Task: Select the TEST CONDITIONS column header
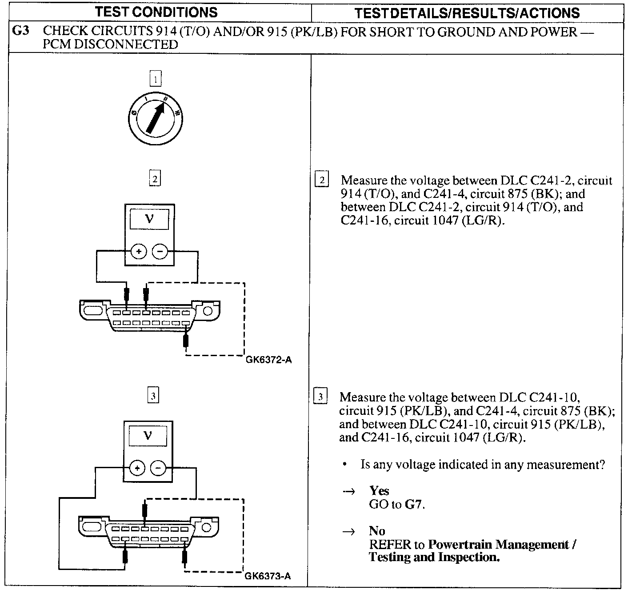[x=156, y=12]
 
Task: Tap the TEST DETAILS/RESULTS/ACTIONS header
[x=467, y=13]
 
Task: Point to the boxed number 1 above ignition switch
[x=156, y=79]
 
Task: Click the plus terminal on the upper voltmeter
[x=139, y=252]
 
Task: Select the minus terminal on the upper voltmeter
[x=160, y=252]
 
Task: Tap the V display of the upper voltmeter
[x=149, y=219]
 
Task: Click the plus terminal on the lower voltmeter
[x=137, y=468]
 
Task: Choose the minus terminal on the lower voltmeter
[x=158, y=468]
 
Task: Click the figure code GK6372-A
[x=268, y=360]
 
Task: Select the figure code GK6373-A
[x=268, y=576]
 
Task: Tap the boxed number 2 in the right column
[x=321, y=180]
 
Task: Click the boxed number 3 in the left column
[x=153, y=395]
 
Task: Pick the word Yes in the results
[x=379, y=491]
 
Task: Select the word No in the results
[x=377, y=531]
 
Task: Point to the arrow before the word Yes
[x=349, y=492]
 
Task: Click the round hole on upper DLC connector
[x=208, y=310]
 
